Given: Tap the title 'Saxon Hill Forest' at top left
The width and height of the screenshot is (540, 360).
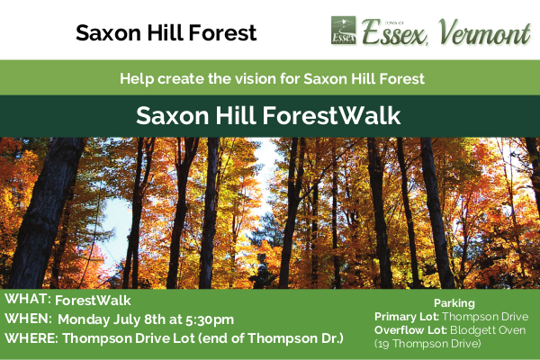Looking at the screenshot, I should tap(166, 34).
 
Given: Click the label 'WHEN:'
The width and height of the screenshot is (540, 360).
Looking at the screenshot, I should tap(28, 319).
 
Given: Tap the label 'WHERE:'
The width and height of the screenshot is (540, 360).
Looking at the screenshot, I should tap(32, 339).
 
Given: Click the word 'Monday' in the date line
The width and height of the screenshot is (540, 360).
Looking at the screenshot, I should tap(85, 319).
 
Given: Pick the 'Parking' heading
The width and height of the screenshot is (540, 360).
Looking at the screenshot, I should tap(454, 303).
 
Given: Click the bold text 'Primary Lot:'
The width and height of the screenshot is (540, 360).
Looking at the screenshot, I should tap(405, 317).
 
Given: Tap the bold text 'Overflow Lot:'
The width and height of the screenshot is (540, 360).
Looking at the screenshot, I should tap(409, 330).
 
